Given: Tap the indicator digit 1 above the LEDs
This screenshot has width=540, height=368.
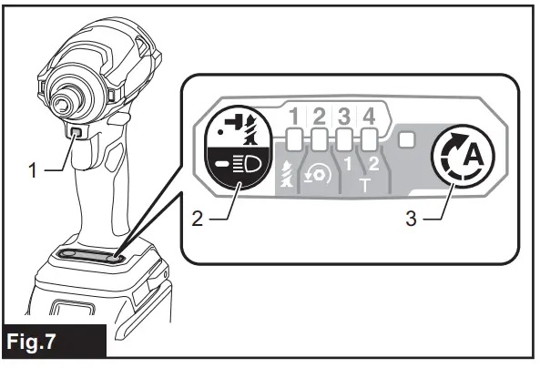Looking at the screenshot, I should point(295,117).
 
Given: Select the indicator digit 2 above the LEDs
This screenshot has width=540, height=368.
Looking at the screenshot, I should point(321,117).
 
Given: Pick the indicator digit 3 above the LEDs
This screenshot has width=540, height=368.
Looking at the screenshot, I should point(345,117).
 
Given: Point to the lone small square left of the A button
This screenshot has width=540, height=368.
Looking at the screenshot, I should point(406,140).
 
